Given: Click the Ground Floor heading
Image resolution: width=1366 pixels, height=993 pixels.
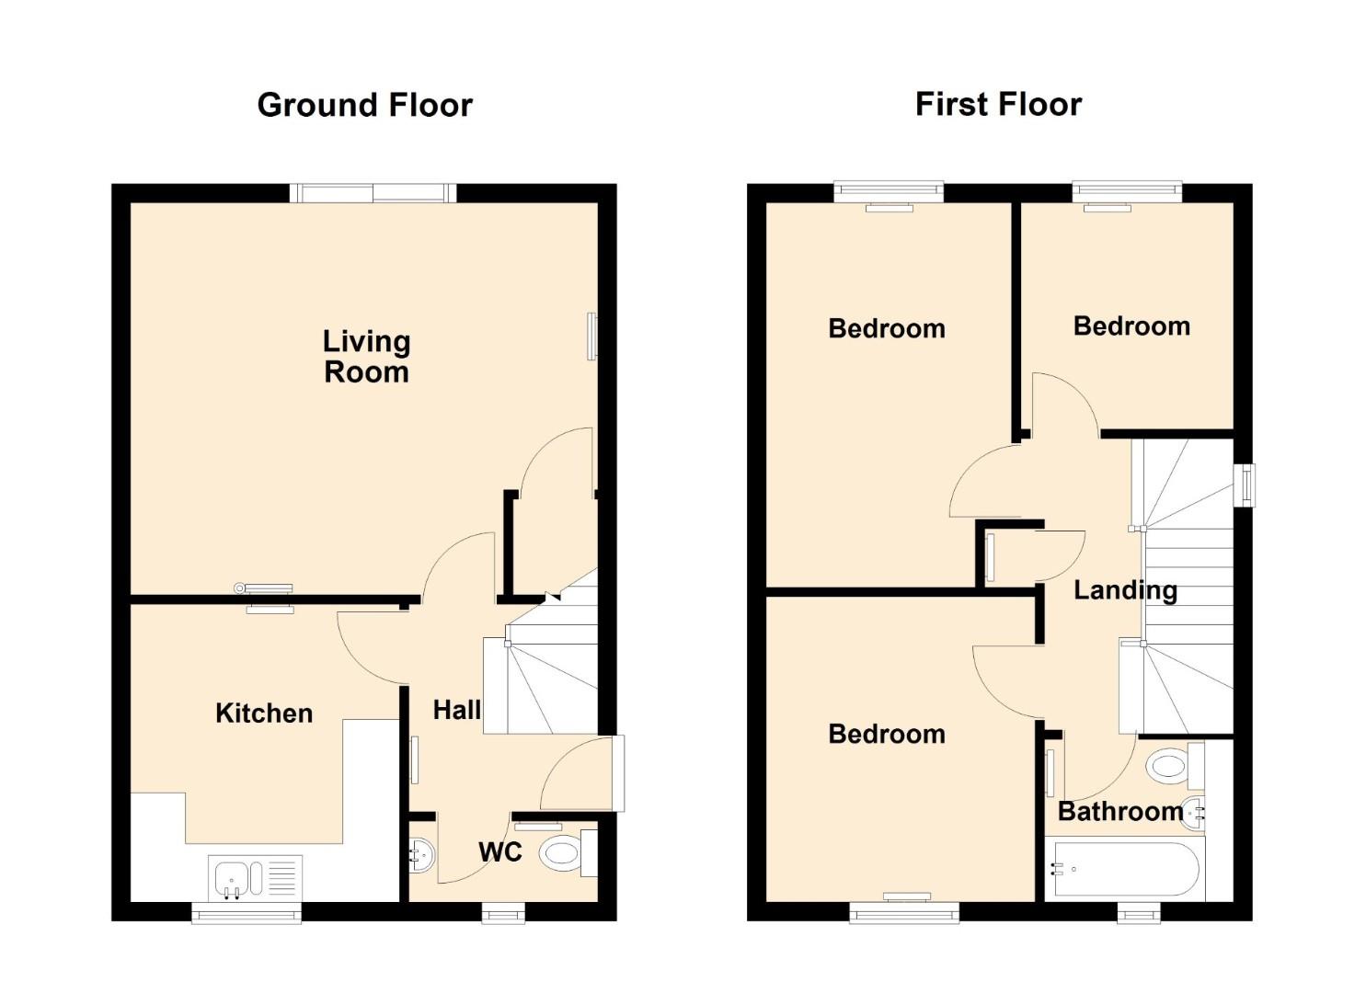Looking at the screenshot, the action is [x=364, y=105].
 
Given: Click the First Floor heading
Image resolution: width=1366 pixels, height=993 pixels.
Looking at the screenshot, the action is [x=998, y=104].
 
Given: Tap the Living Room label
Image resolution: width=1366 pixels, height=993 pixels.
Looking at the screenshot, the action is [x=366, y=357].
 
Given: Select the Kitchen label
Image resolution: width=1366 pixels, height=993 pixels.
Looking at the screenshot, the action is [x=264, y=713].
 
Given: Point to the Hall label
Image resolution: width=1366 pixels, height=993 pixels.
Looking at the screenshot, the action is [x=457, y=710].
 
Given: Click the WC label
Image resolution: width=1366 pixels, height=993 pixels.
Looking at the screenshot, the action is [x=500, y=852].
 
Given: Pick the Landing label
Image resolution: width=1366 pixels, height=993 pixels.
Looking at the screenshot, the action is [x=1125, y=590].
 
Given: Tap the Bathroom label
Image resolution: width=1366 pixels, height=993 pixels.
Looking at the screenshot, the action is [x=1120, y=811].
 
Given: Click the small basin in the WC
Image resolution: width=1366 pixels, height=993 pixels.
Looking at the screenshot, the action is [x=420, y=855].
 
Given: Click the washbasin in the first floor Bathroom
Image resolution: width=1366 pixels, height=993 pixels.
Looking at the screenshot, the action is [x=1193, y=813].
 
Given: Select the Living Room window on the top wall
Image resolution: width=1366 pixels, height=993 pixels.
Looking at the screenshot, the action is [x=373, y=193].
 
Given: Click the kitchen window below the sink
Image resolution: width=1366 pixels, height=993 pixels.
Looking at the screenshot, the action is [x=247, y=912].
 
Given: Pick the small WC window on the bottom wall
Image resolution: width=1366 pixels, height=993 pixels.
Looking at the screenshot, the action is [x=504, y=912].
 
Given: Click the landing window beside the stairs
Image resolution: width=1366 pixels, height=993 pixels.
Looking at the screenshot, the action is [x=1245, y=485].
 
